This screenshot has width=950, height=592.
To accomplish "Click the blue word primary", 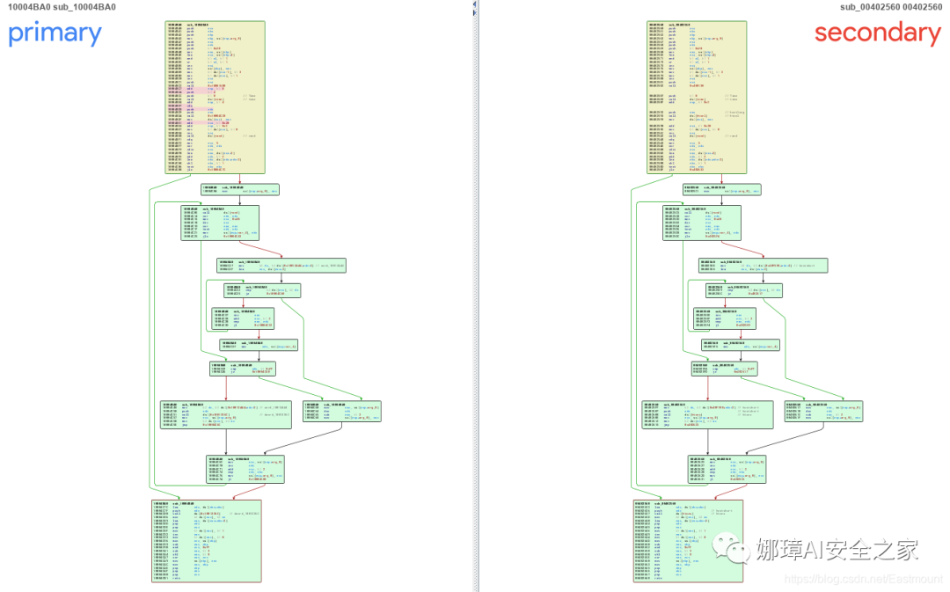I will [55, 33].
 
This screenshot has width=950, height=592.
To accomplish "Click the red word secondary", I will [877, 33].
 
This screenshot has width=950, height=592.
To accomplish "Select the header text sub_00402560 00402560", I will [890, 7].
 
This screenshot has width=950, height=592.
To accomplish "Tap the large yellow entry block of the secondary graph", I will [697, 97].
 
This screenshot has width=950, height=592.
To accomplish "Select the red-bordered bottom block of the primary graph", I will [207, 540].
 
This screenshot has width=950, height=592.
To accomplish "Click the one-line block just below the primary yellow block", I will [239, 189].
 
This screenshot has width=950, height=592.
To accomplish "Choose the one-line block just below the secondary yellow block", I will [721, 189].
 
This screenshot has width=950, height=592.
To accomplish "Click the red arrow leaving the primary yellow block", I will [239, 179].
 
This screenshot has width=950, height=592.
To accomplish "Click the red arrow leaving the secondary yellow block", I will [721, 179].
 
